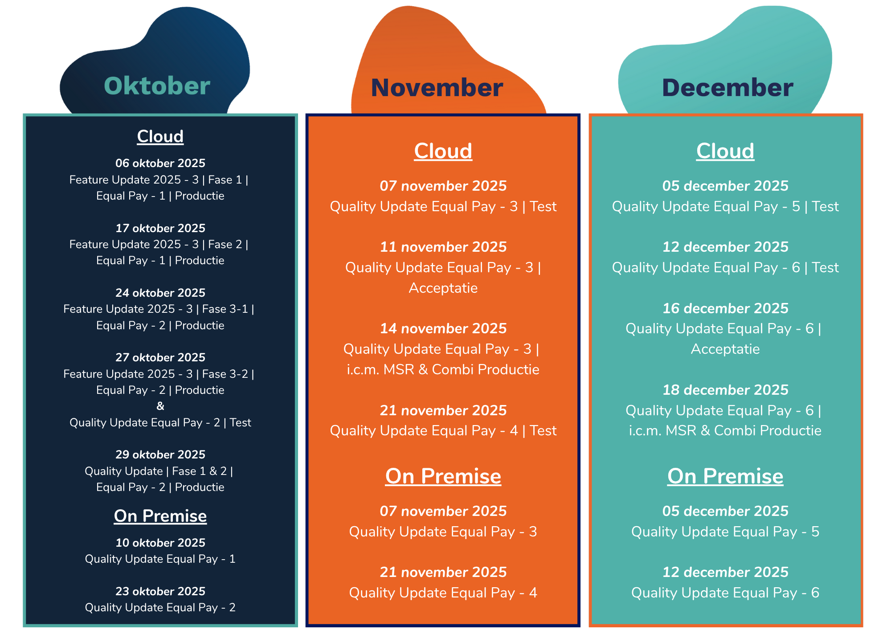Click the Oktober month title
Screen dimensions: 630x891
pyautogui.click(x=157, y=86)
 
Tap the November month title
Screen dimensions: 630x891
pyautogui.click(x=437, y=88)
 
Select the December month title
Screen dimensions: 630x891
pyautogui.click(x=728, y=88)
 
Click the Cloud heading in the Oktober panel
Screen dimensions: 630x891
pyautogui.click(x=160, y=136)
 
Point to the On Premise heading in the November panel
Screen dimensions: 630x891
pyautogui.click(x=443, y=476)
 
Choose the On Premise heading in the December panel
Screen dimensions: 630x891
pyautogui.click(x=725, y=476)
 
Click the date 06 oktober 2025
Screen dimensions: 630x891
pyautogui.click(x=160, y=163)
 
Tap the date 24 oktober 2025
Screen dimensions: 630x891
pyautogui.click(x=160, y=293)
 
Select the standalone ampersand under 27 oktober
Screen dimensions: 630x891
pyautogui.click(x=160, y=406)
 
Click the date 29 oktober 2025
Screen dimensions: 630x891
pyautogui.click(x=160, y=454)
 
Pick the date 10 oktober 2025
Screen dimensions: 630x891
pyautogui.click(x=160, y=543)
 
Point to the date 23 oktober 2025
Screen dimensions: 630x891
pyautogui.click(x=160, y=591)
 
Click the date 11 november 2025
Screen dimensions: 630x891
pyautogui.click(x=443, y=247)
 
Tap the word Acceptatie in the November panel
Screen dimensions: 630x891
pyautogui.click(x=443, y=288)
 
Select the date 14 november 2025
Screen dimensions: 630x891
pyautogui.click(x=443, y=328)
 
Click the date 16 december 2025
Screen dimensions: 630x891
pyautogui.click(x=725, y=308)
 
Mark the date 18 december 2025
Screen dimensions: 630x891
pyautogui.click(x=725, y=390)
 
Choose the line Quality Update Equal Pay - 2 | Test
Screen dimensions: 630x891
pyautogui.click(x=160, y=422)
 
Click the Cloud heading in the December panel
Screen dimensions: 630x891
pyautogui.click(x=725, y=151)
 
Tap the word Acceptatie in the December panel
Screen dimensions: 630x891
pyautogui.click(x=725, y=349)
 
